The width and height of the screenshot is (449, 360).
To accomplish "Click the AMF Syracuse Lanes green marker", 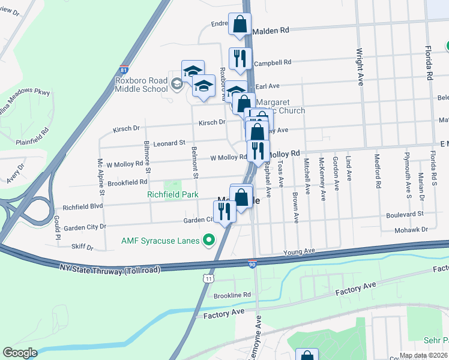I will coord(209,241).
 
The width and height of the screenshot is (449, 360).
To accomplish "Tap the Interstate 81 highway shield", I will coord(124,70).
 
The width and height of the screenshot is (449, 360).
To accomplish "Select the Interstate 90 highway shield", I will coord(252,263).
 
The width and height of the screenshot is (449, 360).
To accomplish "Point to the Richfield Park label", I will coord(173,194).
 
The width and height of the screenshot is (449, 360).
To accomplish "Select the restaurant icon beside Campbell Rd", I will coord(240,58).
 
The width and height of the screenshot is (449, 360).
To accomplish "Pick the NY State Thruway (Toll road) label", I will coord(110,268).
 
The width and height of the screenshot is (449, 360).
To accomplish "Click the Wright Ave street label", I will coord(360,67).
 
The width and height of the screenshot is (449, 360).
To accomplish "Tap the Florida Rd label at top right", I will coord(429,63).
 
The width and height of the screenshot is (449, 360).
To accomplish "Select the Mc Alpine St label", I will coord(101,178).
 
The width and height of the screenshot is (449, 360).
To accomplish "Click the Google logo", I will coord(20,352).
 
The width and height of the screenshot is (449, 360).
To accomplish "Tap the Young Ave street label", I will coord(299,251).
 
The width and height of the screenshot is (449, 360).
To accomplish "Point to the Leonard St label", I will coord(169,143).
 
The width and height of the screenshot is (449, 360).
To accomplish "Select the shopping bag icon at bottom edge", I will coord(307,356).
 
